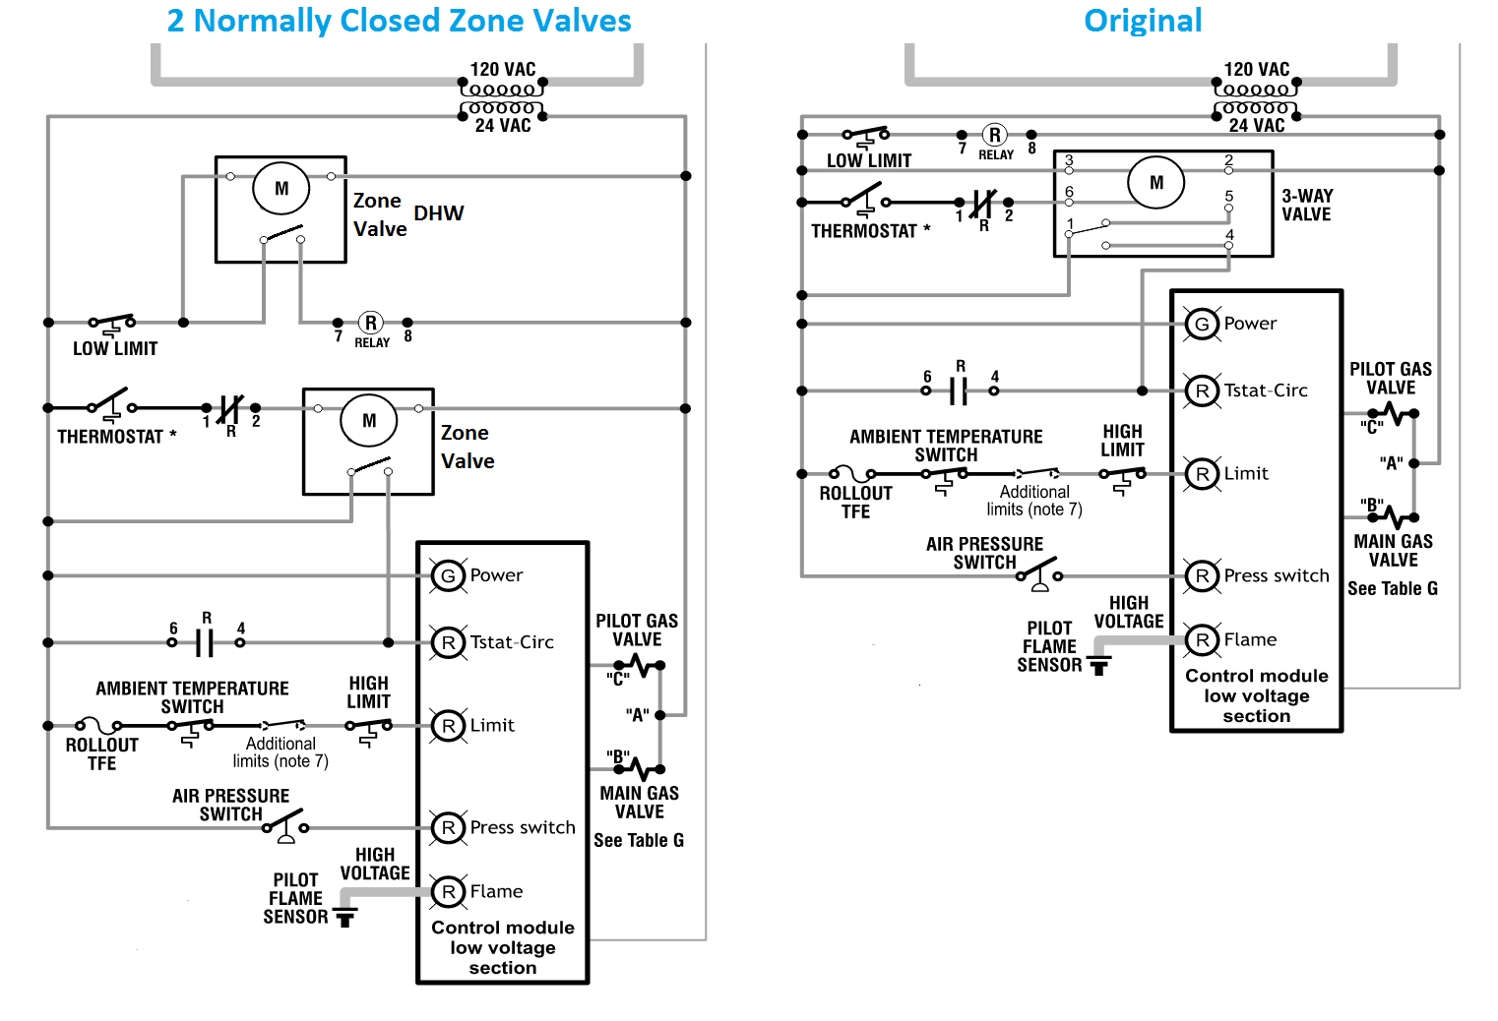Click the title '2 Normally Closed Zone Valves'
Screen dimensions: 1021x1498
(399, 21)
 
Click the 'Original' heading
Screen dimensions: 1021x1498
(1142, 21)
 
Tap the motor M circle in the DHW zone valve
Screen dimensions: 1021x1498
(281, 189)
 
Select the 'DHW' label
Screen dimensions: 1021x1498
(438, 213)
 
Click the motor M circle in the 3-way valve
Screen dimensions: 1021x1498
(1156, 183)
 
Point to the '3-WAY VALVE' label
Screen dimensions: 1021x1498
(1307, 205)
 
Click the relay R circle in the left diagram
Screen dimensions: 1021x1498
(371, 323)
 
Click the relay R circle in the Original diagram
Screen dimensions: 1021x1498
(995, 135)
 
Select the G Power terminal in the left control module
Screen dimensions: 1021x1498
(449, 575)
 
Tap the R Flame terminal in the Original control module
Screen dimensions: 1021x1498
(1202, 640)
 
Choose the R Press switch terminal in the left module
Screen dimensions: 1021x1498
(449, 828)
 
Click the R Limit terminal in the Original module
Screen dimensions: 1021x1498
(1202, 474)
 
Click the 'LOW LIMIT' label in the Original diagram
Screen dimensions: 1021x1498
(868, 160)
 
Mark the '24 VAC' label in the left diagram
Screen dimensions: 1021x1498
(503, 126)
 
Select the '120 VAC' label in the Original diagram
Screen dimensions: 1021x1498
(1256, 70)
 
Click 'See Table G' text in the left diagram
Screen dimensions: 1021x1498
(638, 841)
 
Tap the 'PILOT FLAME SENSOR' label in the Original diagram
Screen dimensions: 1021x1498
(1049, 646)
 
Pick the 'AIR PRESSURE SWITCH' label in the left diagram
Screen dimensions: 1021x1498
(230, 805)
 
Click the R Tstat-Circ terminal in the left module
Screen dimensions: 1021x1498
(449, 642)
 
